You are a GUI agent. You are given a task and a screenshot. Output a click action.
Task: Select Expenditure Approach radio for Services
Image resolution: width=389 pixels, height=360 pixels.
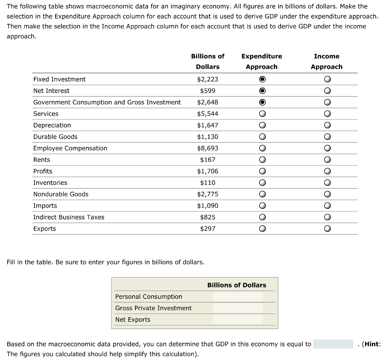click(262, 114)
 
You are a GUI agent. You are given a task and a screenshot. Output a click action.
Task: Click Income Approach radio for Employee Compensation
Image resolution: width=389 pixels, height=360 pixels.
click(327, 148)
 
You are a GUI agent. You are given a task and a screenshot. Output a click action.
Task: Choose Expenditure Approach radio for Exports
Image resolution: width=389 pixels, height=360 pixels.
click(262, 229)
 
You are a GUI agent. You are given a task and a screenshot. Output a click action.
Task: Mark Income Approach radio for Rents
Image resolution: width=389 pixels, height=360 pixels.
click(327, 160)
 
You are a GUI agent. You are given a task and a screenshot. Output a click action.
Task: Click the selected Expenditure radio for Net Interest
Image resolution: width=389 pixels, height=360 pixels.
click(262, 91)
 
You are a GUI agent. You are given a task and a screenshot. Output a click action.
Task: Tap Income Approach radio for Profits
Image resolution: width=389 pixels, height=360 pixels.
click(327, 171)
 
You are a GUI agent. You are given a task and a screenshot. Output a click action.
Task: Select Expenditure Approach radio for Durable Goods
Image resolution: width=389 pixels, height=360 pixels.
click(262, 137)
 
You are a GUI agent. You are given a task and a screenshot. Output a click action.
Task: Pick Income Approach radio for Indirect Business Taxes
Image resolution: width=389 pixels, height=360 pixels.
click(327, 218)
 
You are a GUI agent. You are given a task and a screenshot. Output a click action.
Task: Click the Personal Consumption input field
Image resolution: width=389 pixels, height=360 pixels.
click(237, 297)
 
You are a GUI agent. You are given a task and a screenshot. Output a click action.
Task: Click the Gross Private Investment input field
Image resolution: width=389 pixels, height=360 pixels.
click(237, 308)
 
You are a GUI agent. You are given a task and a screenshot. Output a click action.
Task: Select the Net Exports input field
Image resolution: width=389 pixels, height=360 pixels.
click(237, 319)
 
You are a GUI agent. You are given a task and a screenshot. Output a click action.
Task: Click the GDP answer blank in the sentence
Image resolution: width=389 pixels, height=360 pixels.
click(333, 344)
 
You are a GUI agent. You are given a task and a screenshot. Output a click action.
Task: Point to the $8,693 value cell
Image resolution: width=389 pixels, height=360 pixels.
click(207, 148)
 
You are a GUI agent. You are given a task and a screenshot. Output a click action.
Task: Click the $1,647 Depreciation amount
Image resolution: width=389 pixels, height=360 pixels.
click(207, 125)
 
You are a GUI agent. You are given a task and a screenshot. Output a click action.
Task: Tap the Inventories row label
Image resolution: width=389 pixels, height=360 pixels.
click(50, 183)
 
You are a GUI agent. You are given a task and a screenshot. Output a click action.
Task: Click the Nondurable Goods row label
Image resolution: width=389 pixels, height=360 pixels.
click(61, 194)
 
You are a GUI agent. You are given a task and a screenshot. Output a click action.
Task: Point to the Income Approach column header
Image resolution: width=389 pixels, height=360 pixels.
click(327, 62)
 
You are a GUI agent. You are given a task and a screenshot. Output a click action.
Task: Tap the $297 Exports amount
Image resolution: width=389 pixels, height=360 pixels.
click(207, 229)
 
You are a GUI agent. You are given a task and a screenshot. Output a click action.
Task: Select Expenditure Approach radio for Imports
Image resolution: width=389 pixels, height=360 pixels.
click(262, 206)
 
